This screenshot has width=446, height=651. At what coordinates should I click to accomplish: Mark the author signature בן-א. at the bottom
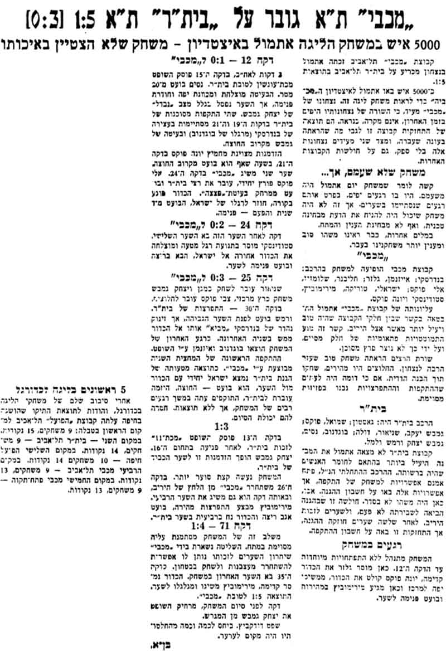159,642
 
